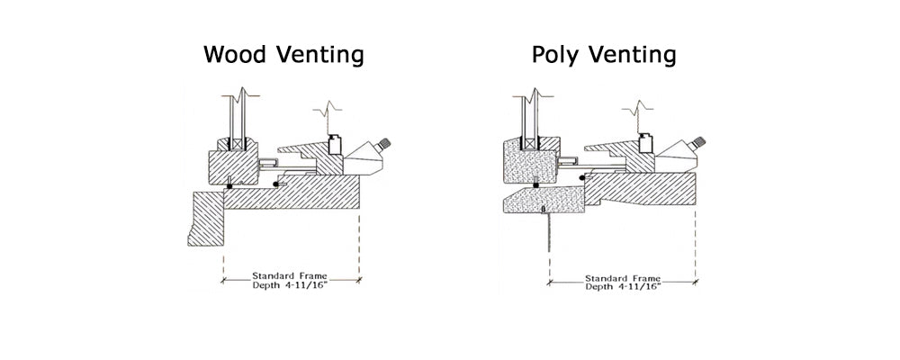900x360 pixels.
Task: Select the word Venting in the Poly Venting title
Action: pyautogui.click(x=632, y=56)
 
